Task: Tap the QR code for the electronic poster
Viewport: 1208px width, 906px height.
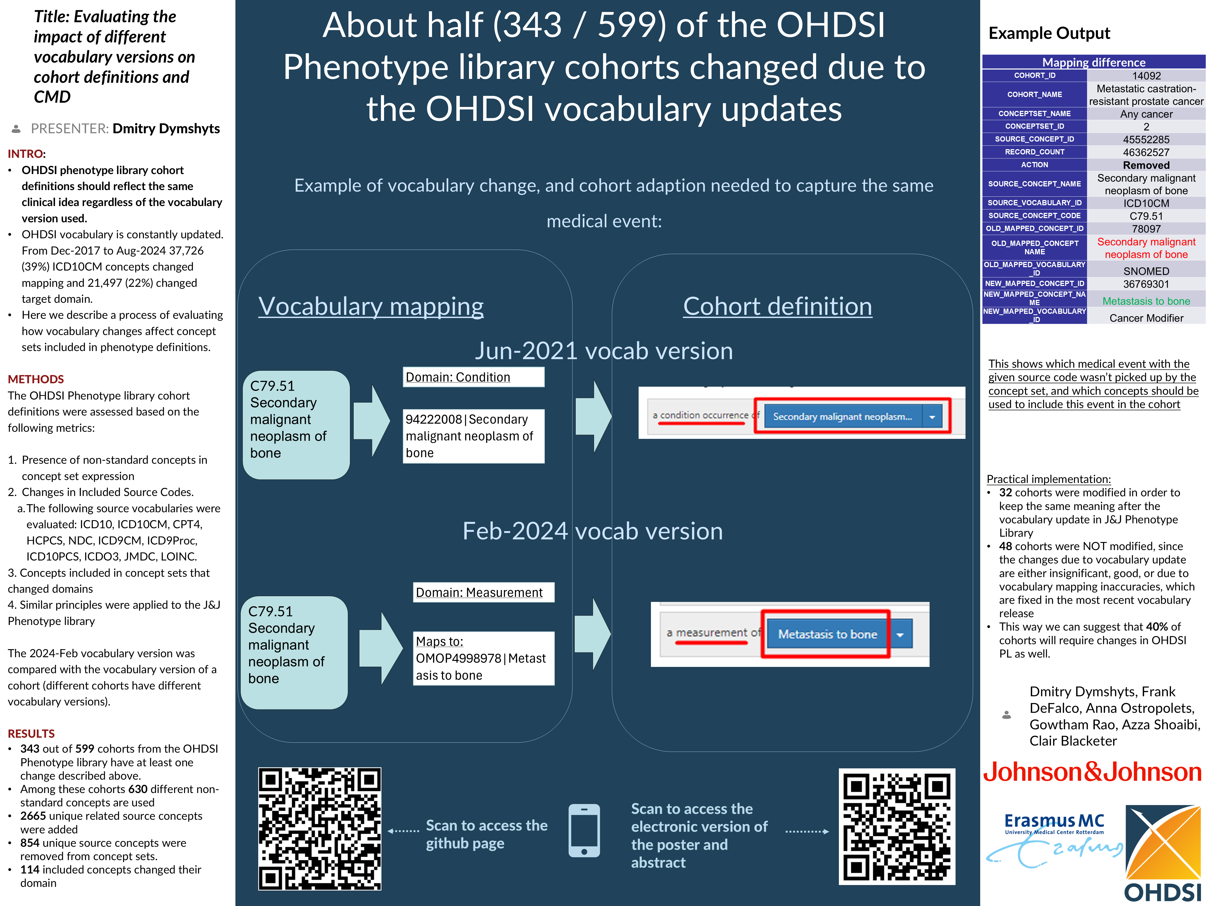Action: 897,826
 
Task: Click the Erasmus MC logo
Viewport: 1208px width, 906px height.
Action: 1054,835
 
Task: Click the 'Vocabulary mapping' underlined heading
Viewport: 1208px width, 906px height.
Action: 371,306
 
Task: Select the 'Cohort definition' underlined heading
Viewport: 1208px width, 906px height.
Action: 777,306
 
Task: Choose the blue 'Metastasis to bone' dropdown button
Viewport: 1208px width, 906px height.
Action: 827,634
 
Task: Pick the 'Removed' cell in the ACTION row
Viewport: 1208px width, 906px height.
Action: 1146,165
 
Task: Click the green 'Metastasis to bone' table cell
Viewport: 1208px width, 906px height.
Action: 1146,301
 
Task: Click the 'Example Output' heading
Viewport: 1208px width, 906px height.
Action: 1049,33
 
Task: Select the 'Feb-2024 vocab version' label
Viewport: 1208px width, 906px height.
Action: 592,531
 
